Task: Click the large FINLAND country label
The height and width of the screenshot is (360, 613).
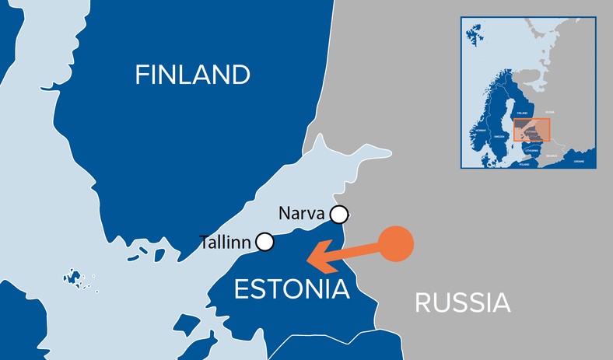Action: point(192,75)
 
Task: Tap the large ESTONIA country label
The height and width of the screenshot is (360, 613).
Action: point(291,290)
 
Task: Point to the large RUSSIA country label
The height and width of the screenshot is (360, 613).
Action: point(462,302)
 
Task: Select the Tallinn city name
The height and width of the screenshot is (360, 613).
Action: point(225,242)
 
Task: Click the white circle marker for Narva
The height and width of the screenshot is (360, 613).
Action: point(339,214)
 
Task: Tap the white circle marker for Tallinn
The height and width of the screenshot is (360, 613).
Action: point(265,242)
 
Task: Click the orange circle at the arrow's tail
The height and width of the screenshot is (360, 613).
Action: point(396,243)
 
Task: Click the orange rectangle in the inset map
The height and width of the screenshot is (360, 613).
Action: point(531,129)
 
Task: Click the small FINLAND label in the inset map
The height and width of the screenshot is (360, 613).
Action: point(522,114)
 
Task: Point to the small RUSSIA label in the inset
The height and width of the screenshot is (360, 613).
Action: point(549,113)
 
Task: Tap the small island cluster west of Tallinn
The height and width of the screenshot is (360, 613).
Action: point(75,278)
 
